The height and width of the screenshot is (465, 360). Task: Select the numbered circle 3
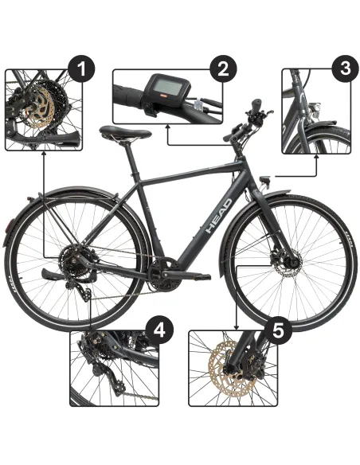[344, 67]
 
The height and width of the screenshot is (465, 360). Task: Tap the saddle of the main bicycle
[116, 134]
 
